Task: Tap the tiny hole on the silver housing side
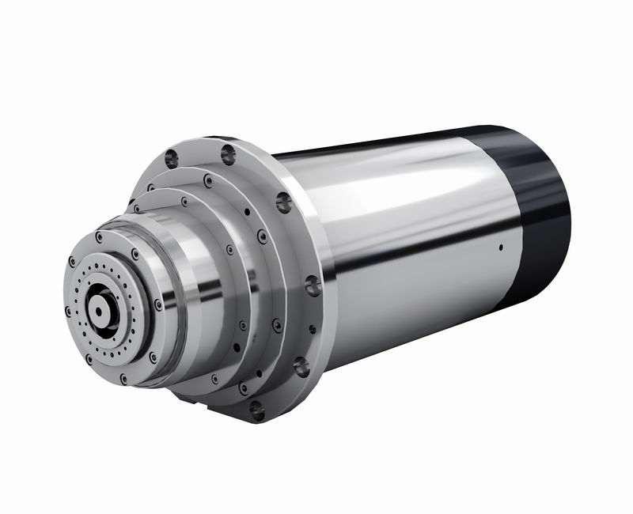click(x=501, y=248)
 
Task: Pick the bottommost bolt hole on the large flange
click(x=256, y=410)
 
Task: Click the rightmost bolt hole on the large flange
click(x=313, y=285)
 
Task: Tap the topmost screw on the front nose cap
click(x=135, y=254)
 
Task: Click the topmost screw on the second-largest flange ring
click(x=207, y=180)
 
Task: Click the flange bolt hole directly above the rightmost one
click(x=284, y=203)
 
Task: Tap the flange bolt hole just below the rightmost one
click(x=301, y=365)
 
